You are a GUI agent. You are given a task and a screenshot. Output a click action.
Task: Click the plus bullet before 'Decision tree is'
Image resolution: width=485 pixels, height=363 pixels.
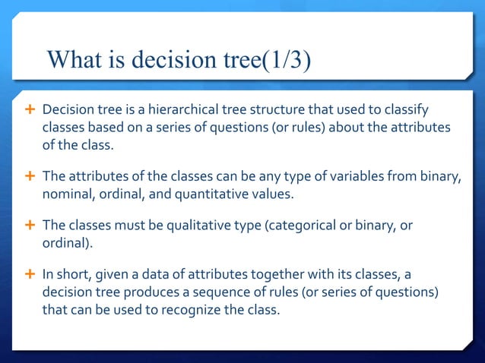click(x=30, y=111)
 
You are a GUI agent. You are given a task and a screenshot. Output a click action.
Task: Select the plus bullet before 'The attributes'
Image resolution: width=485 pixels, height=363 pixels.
click(x=30, y=177)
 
